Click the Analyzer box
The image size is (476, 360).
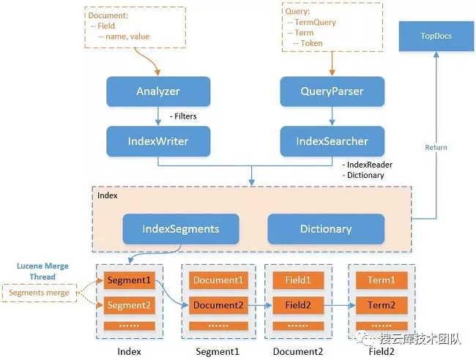(x=158, y=91)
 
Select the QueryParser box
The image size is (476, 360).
(x=332, y=91)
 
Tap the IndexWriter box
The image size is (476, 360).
(x=158, y=140)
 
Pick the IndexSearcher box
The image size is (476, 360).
(x=332, y=140)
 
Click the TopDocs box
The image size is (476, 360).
(x=435, y=37)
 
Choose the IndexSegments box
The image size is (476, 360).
(x=181, y=228)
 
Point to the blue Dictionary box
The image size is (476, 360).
(x=326, y=228)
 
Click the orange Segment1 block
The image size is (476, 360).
(x=129, y=280)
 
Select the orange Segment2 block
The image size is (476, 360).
(x=129, y=304)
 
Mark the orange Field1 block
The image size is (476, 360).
(x=297, y=280)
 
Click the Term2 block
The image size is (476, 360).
(x=382, y=304)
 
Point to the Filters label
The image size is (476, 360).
(x=182, y=116)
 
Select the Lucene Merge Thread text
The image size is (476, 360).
(x=42, y=271)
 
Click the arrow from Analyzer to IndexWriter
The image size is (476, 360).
(x=158, y=116)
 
